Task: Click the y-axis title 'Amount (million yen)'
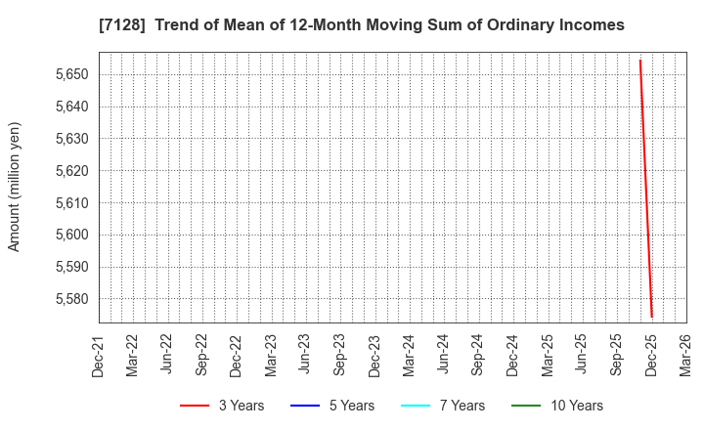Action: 15,187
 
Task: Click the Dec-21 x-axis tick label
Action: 99,355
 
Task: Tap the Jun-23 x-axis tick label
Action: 306,355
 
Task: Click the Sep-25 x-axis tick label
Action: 617,355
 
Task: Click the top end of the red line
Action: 640,61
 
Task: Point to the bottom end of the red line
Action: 651,317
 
